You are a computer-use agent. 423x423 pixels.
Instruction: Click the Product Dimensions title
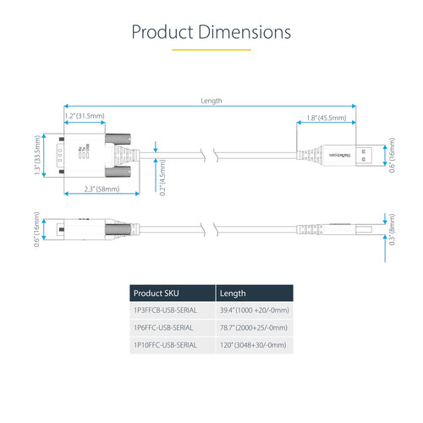coord(211,32)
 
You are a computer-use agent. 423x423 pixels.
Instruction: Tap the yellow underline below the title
coord(211,50)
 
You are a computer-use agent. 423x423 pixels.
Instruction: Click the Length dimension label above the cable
coord(211,100)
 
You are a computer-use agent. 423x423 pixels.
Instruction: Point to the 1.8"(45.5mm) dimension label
coord(325,118)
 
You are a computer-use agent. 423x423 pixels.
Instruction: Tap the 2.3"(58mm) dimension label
coord(95,189)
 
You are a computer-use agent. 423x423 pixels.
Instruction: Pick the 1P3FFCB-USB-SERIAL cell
coord(166,310)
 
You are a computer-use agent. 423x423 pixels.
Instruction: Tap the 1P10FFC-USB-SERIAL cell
coord(166,344)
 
